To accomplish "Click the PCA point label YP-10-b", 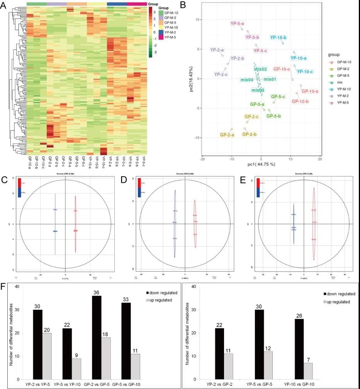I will tap(278, 37).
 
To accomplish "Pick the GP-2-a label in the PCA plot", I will tap(227, 135).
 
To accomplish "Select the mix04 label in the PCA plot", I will tap(247, 80).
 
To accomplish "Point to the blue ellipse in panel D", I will tap(175, 224).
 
